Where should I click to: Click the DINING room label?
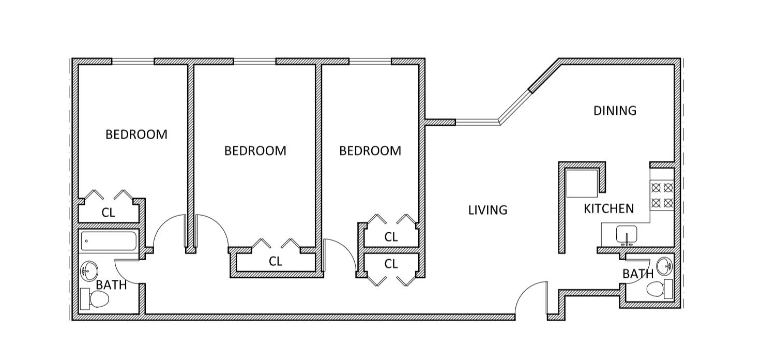point(615,111)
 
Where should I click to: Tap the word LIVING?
point(488,210)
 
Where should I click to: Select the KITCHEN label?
point(608,208)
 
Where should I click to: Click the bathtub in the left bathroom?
point(109,241)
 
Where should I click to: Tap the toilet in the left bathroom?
point(96,299)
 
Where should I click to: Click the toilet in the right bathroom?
point(660,289)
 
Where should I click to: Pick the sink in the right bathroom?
point(663,266)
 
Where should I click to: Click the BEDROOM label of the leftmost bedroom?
point(136,134)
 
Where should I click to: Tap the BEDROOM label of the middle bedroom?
point(255,151)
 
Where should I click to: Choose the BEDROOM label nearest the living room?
point(370,151)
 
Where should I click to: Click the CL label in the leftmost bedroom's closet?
point(108,213)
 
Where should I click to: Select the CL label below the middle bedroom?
point(276,262)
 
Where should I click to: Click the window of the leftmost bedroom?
point(133,62)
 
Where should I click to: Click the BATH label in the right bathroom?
point(638,274)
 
